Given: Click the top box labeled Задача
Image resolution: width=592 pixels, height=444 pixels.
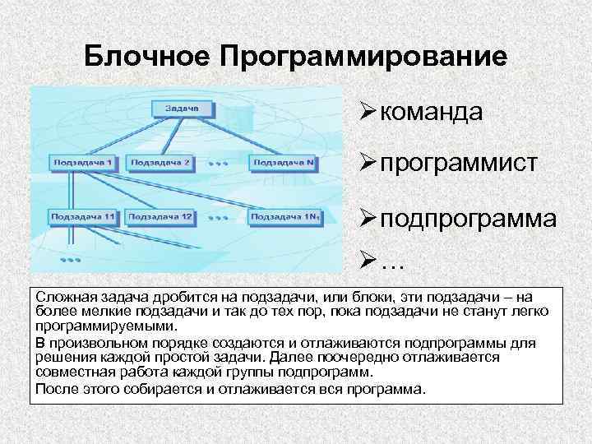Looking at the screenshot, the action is click(x=181, y=108).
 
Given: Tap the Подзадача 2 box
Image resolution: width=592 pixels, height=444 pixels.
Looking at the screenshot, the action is click(x=162, y=163).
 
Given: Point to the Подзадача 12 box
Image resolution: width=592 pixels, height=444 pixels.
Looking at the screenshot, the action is click(x=164, y=216).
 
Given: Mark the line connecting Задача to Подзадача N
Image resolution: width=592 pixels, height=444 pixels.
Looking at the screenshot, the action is click(x=247, y=135).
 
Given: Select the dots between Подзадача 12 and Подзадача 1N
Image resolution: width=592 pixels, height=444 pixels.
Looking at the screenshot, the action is click(x=218, y=219).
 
